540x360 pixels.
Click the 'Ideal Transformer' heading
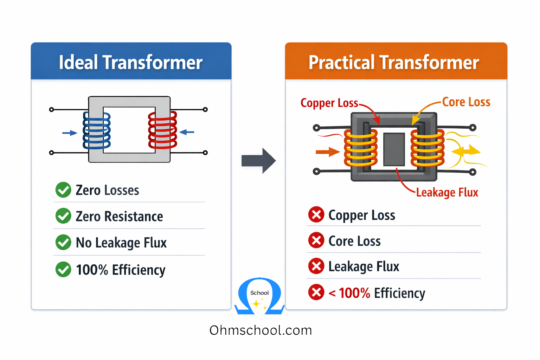click(x=130, y=63)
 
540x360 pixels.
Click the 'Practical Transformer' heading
click(x=394, y=63)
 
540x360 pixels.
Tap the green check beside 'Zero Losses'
click(x=63, y=190)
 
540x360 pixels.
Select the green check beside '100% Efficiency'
click(x=63, y=270)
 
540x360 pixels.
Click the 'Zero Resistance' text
click(x=119, y=217)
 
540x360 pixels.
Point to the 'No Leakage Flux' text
click(x=121, y=243)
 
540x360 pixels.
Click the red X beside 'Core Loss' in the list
click(x=316, y=241)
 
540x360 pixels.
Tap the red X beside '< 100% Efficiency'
click(x=316, y=292)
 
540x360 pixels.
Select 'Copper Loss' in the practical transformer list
click(x=361, y=215)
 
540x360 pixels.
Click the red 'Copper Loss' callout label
click(x=329, y=103)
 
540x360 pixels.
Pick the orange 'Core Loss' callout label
click(x=466, y=102)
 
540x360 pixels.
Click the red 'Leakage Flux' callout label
click(x=447, y=193)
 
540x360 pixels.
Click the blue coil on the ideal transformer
click(x=97, y=130)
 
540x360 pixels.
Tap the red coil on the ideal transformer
click(x=162, y=130)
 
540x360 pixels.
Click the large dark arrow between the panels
click(x=258, y=161)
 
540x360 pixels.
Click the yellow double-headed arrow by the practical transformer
click(x=465, y=152)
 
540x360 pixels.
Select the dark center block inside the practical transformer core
click(x=394, y=149)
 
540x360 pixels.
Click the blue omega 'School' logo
click(x=259, y=296)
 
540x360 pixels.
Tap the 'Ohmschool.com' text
click(x=261, y=330)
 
